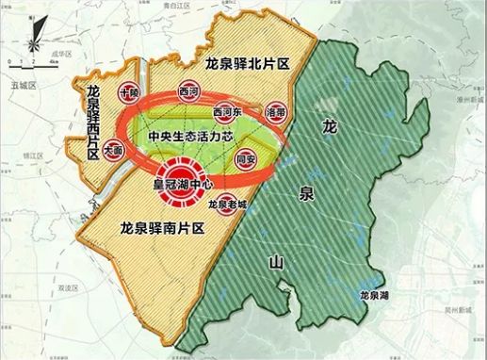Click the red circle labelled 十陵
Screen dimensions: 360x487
(129, 93)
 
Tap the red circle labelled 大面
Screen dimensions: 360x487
(114, 149)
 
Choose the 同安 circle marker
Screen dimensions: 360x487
(247, 160)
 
